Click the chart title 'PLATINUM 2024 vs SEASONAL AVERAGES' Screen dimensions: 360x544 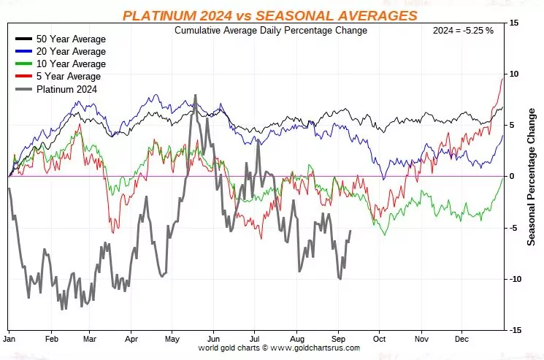tap(270, 15)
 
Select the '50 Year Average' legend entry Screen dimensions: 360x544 tap(70, 39)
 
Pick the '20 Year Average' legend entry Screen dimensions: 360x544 tap(70, 51)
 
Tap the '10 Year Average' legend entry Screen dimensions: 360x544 tap(70, 64)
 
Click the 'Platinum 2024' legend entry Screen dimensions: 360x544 tap(66, 89)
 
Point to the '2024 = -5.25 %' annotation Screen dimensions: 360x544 tap(463, 31)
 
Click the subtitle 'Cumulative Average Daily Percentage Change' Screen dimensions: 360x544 tap(271, 31)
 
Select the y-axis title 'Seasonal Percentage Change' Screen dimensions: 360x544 tap(532, 177)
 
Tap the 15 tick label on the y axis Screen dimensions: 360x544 tap(514, 23)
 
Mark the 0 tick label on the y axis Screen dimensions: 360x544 tap(512, 177)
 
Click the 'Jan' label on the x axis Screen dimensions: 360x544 tap(10, 340)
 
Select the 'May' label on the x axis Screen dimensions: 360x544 tap(172, 340)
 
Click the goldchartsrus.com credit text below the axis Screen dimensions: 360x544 tap(279, 348)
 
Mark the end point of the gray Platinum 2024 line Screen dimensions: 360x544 tap(350, 231)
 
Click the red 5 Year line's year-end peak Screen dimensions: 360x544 tap(503, 77)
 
